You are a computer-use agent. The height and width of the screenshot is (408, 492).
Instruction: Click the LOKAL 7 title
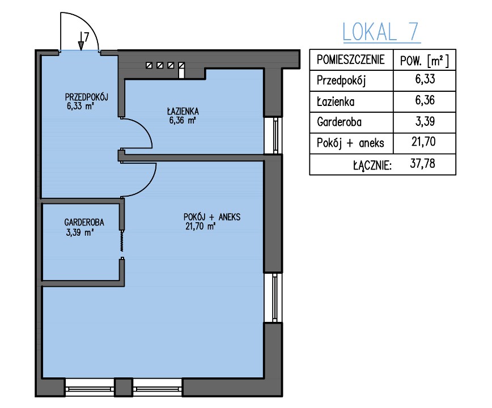381,32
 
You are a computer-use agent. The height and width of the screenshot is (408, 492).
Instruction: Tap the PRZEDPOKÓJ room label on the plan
87,97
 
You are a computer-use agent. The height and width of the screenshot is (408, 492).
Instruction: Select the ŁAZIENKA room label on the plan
183,111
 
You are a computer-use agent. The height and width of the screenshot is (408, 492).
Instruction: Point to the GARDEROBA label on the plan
84,222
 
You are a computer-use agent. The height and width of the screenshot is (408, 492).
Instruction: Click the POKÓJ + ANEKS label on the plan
212,217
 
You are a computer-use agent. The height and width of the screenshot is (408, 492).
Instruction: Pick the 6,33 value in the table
425,79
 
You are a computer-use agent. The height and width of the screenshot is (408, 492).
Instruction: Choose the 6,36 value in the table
425,100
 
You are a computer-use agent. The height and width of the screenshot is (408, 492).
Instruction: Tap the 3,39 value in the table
425,121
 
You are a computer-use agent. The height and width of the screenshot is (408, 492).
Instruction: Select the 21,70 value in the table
423,142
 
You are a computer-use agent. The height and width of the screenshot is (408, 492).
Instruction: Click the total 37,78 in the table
422,163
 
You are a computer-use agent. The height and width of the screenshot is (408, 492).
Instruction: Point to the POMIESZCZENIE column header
350,59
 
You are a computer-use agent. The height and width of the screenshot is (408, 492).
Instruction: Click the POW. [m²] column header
424,61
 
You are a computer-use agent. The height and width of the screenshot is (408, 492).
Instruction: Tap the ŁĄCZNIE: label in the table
372,165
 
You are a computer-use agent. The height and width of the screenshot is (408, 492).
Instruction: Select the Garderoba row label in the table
339,122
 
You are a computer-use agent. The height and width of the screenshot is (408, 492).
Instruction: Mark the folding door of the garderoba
122,241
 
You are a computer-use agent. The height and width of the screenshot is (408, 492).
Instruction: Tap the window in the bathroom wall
273,135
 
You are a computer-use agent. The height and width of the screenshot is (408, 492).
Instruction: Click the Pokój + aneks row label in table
350,143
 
